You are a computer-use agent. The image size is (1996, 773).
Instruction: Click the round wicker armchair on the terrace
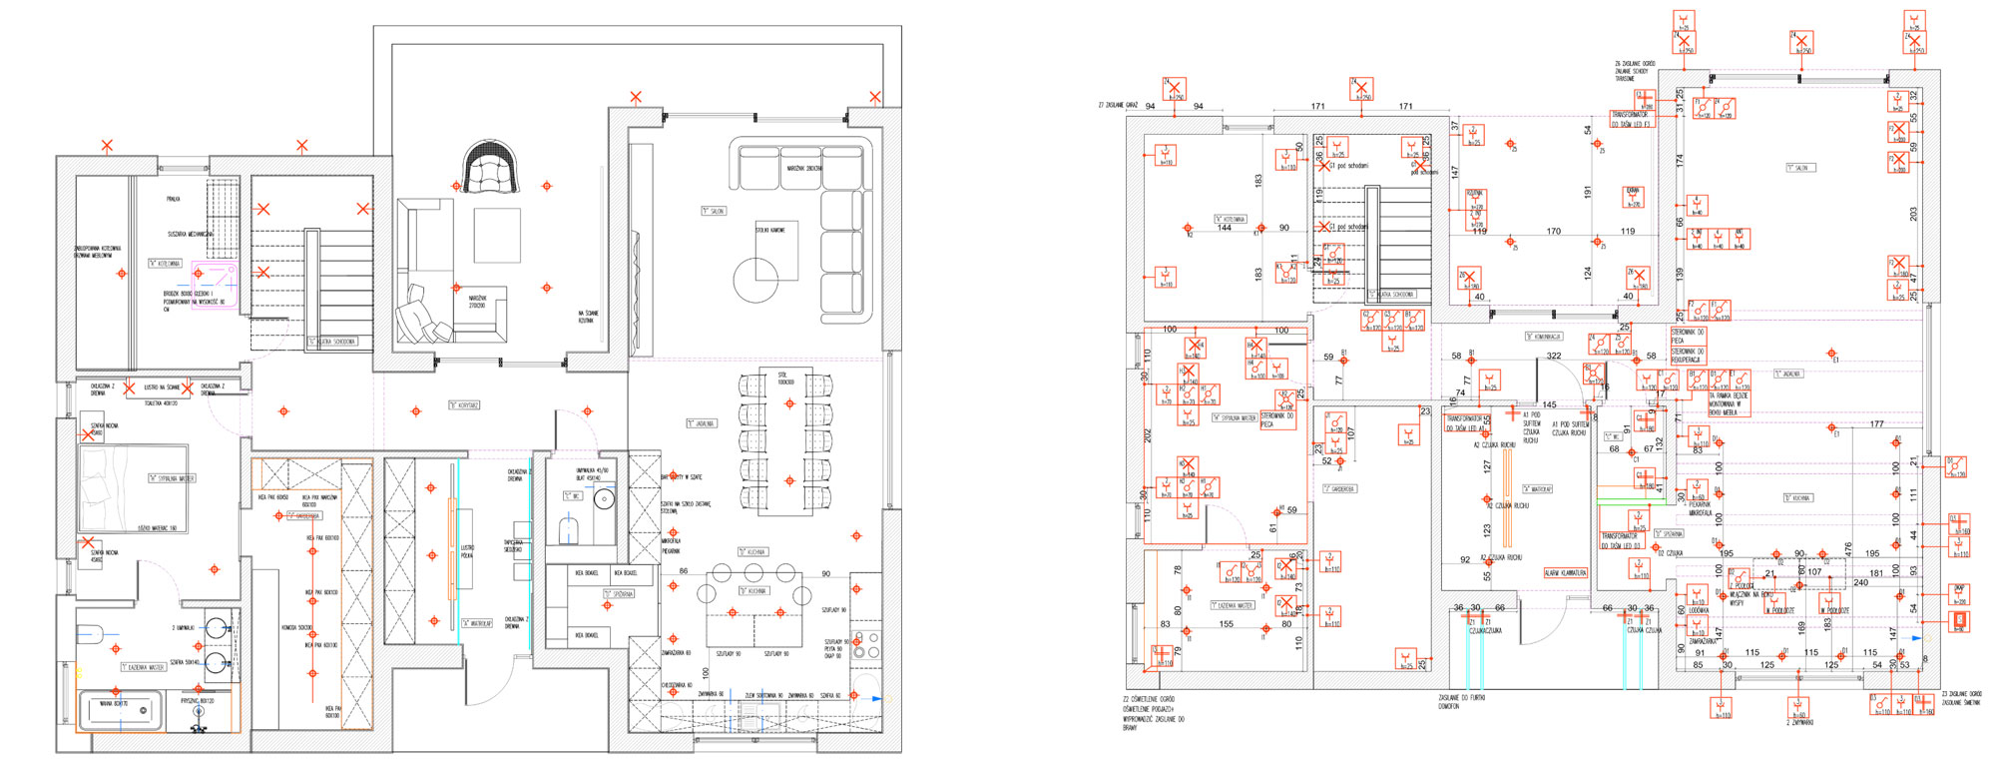[x=491, y=168]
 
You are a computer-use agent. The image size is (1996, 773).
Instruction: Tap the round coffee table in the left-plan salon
[x=755, y=280]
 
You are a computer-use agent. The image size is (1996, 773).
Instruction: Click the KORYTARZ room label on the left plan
[x=464, y=405]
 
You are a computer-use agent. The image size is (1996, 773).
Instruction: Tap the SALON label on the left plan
[x=714, y=212]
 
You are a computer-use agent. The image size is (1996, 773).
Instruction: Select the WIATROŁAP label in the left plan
[x=477, y=623]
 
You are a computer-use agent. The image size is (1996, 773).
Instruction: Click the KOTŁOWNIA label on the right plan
[x=1231, y=219]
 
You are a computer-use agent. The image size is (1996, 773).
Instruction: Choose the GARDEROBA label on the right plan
[x=1338, y=489]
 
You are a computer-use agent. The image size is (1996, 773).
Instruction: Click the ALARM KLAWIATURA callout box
[x=1565, y=573]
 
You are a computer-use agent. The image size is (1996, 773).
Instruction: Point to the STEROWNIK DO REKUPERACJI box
[x=1688, y=355]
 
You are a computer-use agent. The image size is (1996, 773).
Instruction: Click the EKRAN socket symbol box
[x=1633, y=197]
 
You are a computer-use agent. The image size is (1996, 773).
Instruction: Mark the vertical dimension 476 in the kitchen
[x=1848, y=550]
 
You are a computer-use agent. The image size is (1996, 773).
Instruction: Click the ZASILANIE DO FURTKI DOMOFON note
[x=1461, y=701]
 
